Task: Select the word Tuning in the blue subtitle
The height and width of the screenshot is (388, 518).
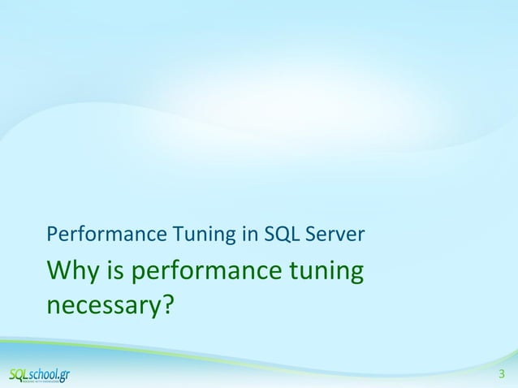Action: pyautogui.click(x=196, y=237)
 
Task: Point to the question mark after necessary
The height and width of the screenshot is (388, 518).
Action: pyautogui.click(x=166, y=304)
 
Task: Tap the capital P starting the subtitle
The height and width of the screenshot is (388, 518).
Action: pyautogui.click(x=53, y=236)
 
